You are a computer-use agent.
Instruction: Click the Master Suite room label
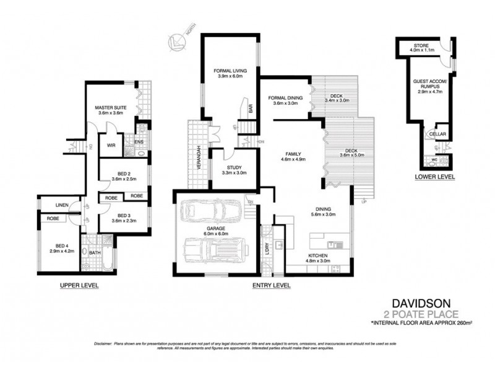[x=111, y=108]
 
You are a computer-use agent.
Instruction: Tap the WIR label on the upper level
[x=111, y=146]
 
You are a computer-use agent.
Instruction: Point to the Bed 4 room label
[x=61, y=245]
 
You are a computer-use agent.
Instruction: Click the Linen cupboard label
[x=61, y=205]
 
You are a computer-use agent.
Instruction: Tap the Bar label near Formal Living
[x=250, y=108]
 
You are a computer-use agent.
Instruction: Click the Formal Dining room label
[x=285, y=98]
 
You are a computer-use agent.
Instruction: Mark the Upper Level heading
[x=79, y=285]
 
